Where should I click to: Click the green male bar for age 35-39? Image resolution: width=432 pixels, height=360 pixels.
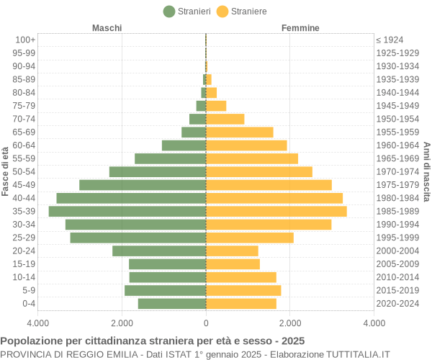(127, 211)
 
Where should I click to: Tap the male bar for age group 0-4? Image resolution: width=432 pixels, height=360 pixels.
(172, 303)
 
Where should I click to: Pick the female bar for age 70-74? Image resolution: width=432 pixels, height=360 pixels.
(225, 119)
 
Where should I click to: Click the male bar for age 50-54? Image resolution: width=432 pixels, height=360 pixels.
(158, 171)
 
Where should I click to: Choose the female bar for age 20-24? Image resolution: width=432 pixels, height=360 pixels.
(232, 251)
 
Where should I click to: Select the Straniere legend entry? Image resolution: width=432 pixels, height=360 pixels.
(242, 12)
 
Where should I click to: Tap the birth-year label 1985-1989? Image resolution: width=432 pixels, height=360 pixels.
(397, 211)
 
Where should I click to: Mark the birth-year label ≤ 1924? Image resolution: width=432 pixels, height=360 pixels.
(390, 40)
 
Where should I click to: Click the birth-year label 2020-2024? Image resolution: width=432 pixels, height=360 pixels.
(397, 303)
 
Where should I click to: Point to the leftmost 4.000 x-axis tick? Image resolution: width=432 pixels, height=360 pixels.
(38, 324)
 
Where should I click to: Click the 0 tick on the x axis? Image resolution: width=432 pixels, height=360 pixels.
(206, 324)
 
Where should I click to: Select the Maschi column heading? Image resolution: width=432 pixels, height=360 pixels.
(107, 28)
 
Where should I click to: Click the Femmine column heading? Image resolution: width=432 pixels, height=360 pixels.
(300, 28)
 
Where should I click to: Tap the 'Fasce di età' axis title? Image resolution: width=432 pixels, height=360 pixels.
(6, 171)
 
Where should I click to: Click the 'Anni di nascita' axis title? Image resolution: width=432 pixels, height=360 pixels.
(426, 171)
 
